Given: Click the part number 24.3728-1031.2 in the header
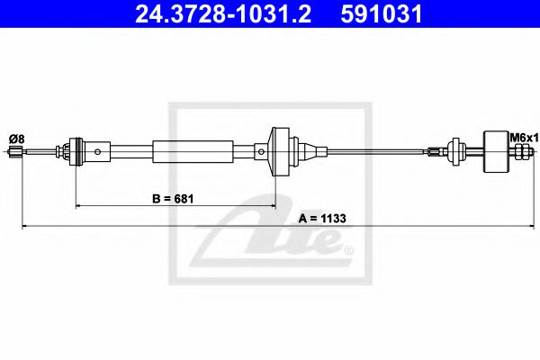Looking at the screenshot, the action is pyautogui.click(x=223, y=13).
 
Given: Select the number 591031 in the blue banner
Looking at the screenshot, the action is pyautogui.click(x=382, y=13).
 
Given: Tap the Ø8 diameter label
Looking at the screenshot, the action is pyautogui.click(x=17, y=139).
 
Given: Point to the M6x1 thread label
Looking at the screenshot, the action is pyautogui.click(x=524, y=139).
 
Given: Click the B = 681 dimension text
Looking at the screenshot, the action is pyautogui.click(x=173, y=199).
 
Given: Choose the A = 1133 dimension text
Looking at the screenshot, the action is pyautogui.click(x=322, y=219).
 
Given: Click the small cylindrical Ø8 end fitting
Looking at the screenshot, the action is pyautogui.click(x=14, y=151).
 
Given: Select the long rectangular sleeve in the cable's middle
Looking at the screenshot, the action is pyautogui.click(x=193, y=151).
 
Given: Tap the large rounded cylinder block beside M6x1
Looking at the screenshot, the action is pyautogui.click(x=496, y=151).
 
